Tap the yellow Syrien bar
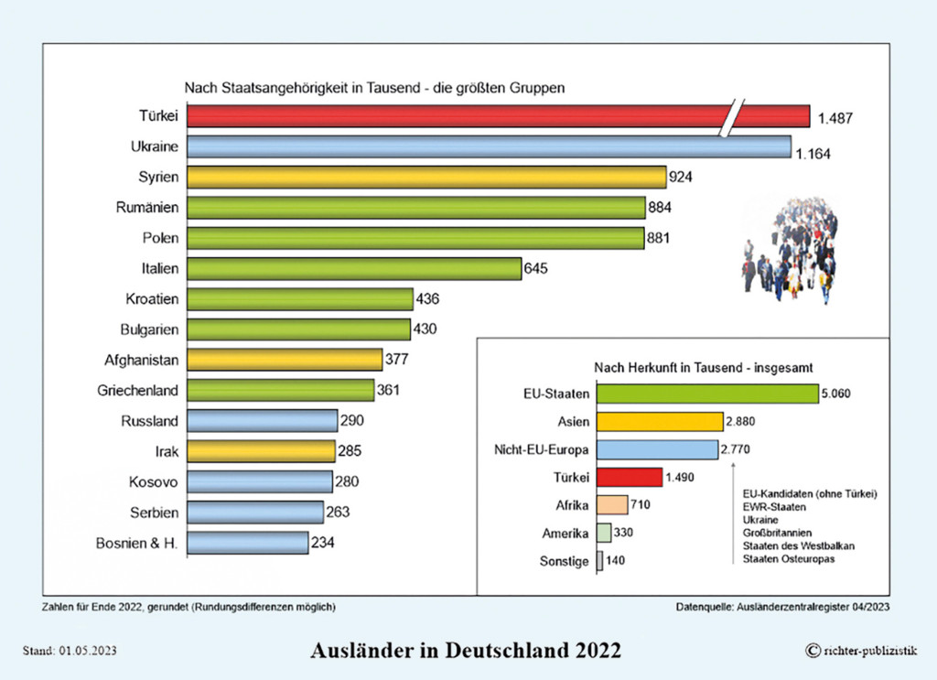point(426,177)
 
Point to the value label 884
point(660,208)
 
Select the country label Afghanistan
point(142,360)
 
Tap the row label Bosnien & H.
point(137,543)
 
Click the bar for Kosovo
point(260,481)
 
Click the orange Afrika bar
point(612,504)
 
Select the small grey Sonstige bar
point(599,561)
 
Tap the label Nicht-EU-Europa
point(544,449)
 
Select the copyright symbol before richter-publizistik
point(812,651)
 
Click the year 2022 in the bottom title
point(595,651)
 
